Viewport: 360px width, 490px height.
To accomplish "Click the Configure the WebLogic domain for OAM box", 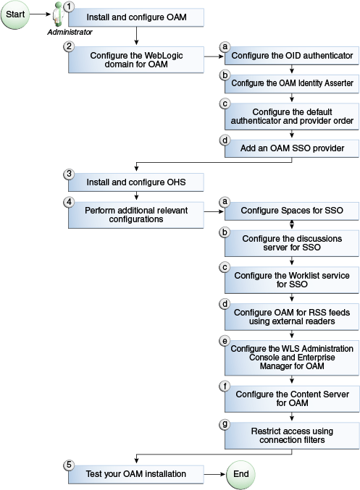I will point(136,59).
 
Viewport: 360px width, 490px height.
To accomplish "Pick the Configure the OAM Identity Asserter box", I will point(292,84).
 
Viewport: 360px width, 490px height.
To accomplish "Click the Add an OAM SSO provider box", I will point(292,148).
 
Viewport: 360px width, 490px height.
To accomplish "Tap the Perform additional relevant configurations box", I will point(136,214).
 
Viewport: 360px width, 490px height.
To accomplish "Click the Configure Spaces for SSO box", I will point(292,211).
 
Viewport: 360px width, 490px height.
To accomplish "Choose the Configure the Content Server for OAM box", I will point(292,398).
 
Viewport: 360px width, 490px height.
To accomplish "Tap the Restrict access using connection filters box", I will point(292,434).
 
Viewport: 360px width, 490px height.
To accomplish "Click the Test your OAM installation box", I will point(136,474).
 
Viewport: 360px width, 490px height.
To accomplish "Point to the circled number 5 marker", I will point(70,465).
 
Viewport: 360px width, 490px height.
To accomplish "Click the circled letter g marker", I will point(225,423).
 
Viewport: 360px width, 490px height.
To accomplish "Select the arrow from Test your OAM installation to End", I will point(214,474).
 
